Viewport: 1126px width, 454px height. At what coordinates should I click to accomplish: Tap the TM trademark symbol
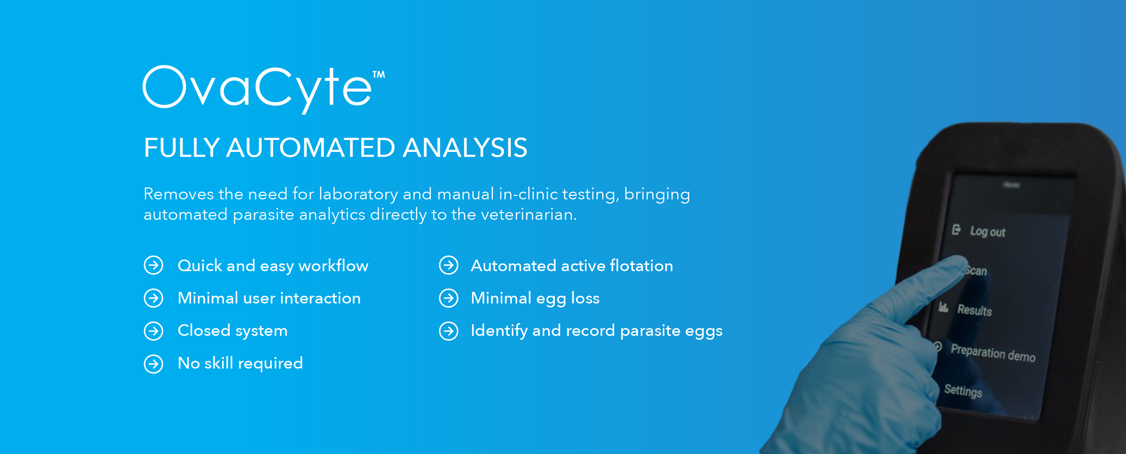click(379, 75)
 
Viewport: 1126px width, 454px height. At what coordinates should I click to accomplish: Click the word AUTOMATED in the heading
click(310, 148)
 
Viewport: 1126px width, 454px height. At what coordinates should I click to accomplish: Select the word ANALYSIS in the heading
click(465, 148)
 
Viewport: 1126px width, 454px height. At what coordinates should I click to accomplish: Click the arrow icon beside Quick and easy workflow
click(153, 265)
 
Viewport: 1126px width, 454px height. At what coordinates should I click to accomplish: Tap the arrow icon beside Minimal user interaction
click(153, 298)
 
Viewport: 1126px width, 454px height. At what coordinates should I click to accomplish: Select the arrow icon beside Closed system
click(153, 331)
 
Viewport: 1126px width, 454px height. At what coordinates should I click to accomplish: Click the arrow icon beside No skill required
click(153, 364)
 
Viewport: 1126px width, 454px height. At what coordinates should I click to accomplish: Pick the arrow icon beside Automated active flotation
click(449, 265)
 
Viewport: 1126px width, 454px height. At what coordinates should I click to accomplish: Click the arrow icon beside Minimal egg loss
click(449, 298)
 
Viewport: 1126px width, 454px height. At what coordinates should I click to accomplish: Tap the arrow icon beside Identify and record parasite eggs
click(449, 331)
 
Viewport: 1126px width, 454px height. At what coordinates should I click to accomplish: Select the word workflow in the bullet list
click(334, 266)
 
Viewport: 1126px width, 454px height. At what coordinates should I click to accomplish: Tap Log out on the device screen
click(987, 232)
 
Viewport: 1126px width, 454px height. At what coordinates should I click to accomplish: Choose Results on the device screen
click(974, 310)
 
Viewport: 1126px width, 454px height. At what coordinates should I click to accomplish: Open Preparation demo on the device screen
click(993, 353)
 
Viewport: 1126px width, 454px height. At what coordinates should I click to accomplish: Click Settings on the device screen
click(963, 391)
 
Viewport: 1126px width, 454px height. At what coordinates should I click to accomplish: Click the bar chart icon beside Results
click(943, 308)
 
